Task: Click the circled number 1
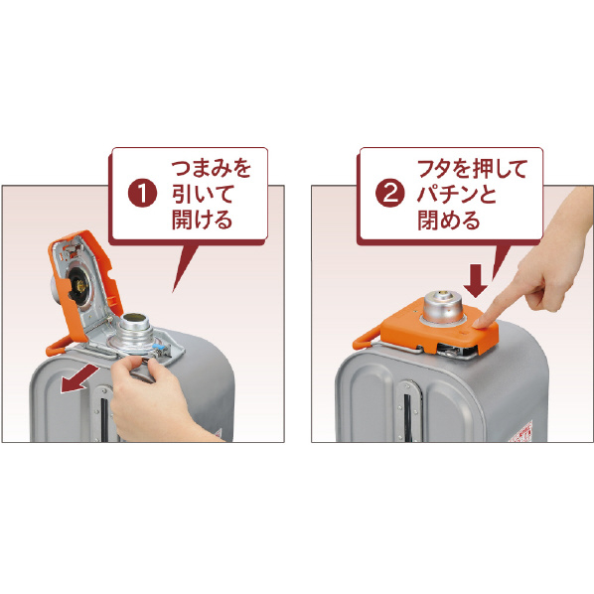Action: click(144, 193)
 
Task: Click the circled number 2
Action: click(390, 193)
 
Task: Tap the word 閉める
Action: click(448, 220)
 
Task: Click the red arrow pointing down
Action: click(473, 279)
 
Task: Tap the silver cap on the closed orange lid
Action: click(440, 308)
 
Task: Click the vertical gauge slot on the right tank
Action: click(408, 416)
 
